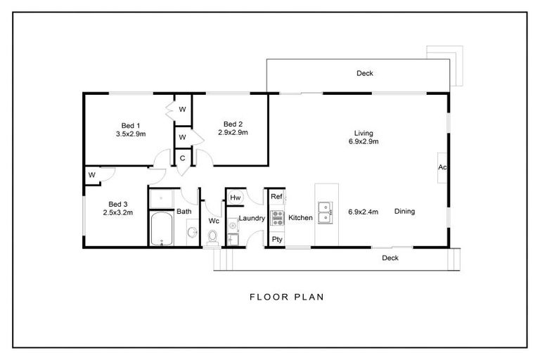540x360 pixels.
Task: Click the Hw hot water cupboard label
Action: (x=236, y=198)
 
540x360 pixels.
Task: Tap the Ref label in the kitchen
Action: (x=276, y=197)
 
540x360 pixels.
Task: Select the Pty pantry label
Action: (x=276, y=239)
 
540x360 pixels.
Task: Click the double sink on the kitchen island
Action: (x=326, y=212)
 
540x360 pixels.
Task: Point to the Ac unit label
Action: (x=442, y=167)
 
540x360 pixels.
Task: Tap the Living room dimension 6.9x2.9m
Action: (x=363, y=141)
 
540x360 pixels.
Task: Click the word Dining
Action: (x=404, y=211)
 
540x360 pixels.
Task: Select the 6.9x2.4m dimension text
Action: (x=364, y=211)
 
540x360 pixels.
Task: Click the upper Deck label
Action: (x=364, y=73)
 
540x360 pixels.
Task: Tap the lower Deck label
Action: (x=390, y=258)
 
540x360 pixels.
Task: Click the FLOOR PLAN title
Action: (x=287, y=297)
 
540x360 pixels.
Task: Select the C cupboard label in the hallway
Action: (x=182, y=158)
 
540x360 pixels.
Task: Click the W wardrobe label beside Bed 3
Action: (x=91, y=174)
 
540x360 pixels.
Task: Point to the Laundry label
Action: (x=251, y=219)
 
